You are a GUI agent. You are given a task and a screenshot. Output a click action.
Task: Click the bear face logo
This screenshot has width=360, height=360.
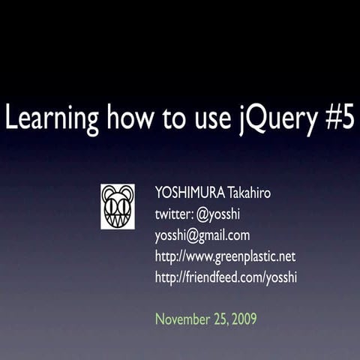pyautogui.click(x=118, y=206)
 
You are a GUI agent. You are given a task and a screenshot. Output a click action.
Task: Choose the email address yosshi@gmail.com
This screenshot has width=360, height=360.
pyautogui.click(x=202, y=235)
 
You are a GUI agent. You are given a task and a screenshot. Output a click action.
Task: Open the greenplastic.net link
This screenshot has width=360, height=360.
pyautogui.click(x=225, y=256)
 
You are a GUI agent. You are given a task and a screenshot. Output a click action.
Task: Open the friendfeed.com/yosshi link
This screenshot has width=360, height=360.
pyautogui.click(x=226, y=277)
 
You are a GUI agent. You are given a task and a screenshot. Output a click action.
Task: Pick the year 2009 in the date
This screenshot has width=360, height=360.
pyautogui.click(x=244, y=319)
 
